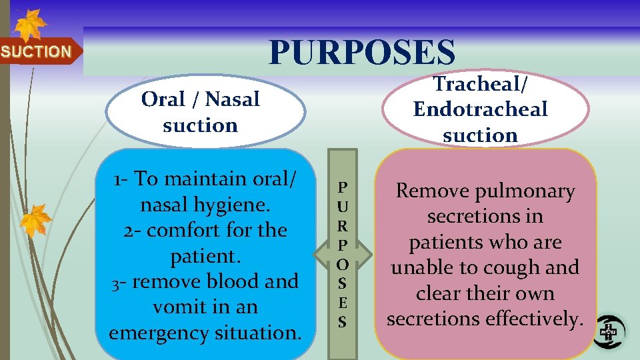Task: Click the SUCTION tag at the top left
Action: (37, 51)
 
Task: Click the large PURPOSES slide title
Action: (362, 53)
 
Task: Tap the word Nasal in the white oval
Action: (232, 99)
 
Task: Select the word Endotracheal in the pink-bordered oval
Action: (480, 109)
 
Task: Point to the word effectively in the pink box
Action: (535, 319)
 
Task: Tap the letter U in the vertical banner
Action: (342, 201)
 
